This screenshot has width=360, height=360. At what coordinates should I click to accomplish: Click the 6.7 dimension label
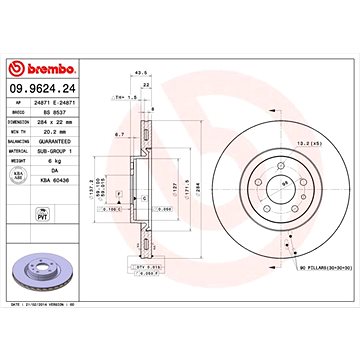pos(118,132)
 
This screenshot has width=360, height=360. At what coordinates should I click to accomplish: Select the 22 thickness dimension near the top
pos(149,86)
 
